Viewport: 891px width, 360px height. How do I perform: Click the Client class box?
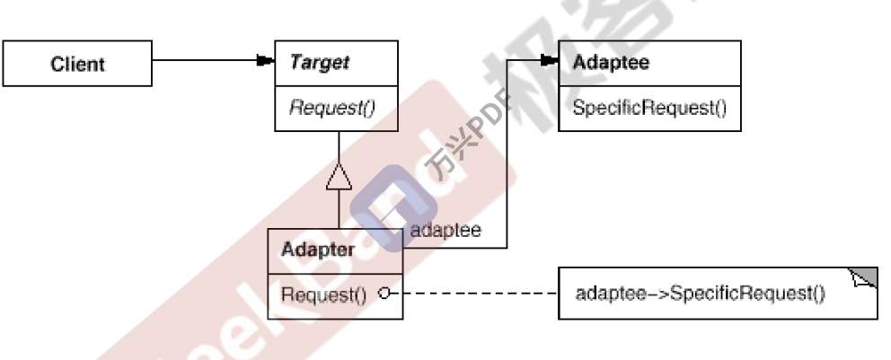[x=77, y=65]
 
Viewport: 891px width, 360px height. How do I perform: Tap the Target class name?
[x=320, y=63]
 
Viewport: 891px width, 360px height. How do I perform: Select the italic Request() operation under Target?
[x=331, y=110]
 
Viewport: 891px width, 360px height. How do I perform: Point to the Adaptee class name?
[x=610, y=63]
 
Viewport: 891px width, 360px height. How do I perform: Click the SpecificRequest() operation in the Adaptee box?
[x=649, y=110]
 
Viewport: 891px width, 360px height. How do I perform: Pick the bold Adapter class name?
[x=318, y=250]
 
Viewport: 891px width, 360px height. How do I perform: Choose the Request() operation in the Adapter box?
[x=324, y=294]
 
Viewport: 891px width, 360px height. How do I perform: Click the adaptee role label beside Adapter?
[x=445, y=230]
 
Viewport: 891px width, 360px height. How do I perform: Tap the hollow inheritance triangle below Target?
[x=339, y=179]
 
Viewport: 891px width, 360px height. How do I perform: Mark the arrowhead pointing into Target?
[x=264, y=61]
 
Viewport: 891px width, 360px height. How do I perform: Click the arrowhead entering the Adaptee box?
[x=549, y=61]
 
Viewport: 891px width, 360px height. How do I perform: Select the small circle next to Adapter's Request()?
[x=384, y=294]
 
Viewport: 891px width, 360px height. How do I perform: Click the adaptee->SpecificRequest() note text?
[x=700, y=294]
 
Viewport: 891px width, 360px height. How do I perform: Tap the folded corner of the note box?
[x=865, y=277]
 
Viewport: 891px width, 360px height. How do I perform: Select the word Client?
[x=77, y=65]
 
